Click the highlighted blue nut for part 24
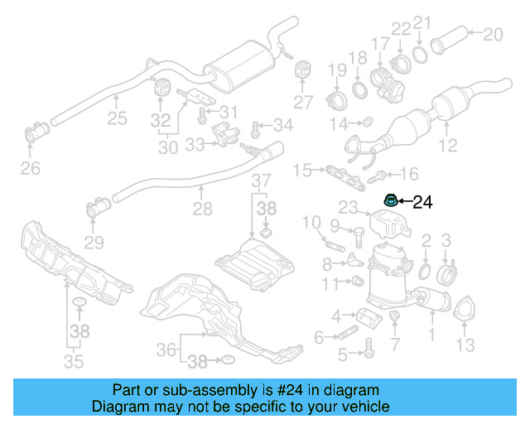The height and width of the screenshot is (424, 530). pyautogui.click(x=389, y=200)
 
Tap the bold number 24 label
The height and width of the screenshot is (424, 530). pyautogui.click(x=422, y=201)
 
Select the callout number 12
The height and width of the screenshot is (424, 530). pyautogui.click(x=447, y=147)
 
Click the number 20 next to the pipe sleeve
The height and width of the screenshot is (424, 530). pyautogui.click(x=493, y=34)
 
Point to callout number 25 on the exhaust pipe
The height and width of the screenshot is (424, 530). pyautogui.click(x=117, y=118)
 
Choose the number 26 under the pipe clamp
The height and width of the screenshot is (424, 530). pyautogui.click(x=30, y=170)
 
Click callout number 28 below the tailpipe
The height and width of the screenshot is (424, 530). pyautogui.click(x=203, y=211)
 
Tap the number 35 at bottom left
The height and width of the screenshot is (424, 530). pyautogui.click(x=74, y=361)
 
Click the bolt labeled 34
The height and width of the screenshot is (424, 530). pyautogui.click(x=256, y=128)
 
